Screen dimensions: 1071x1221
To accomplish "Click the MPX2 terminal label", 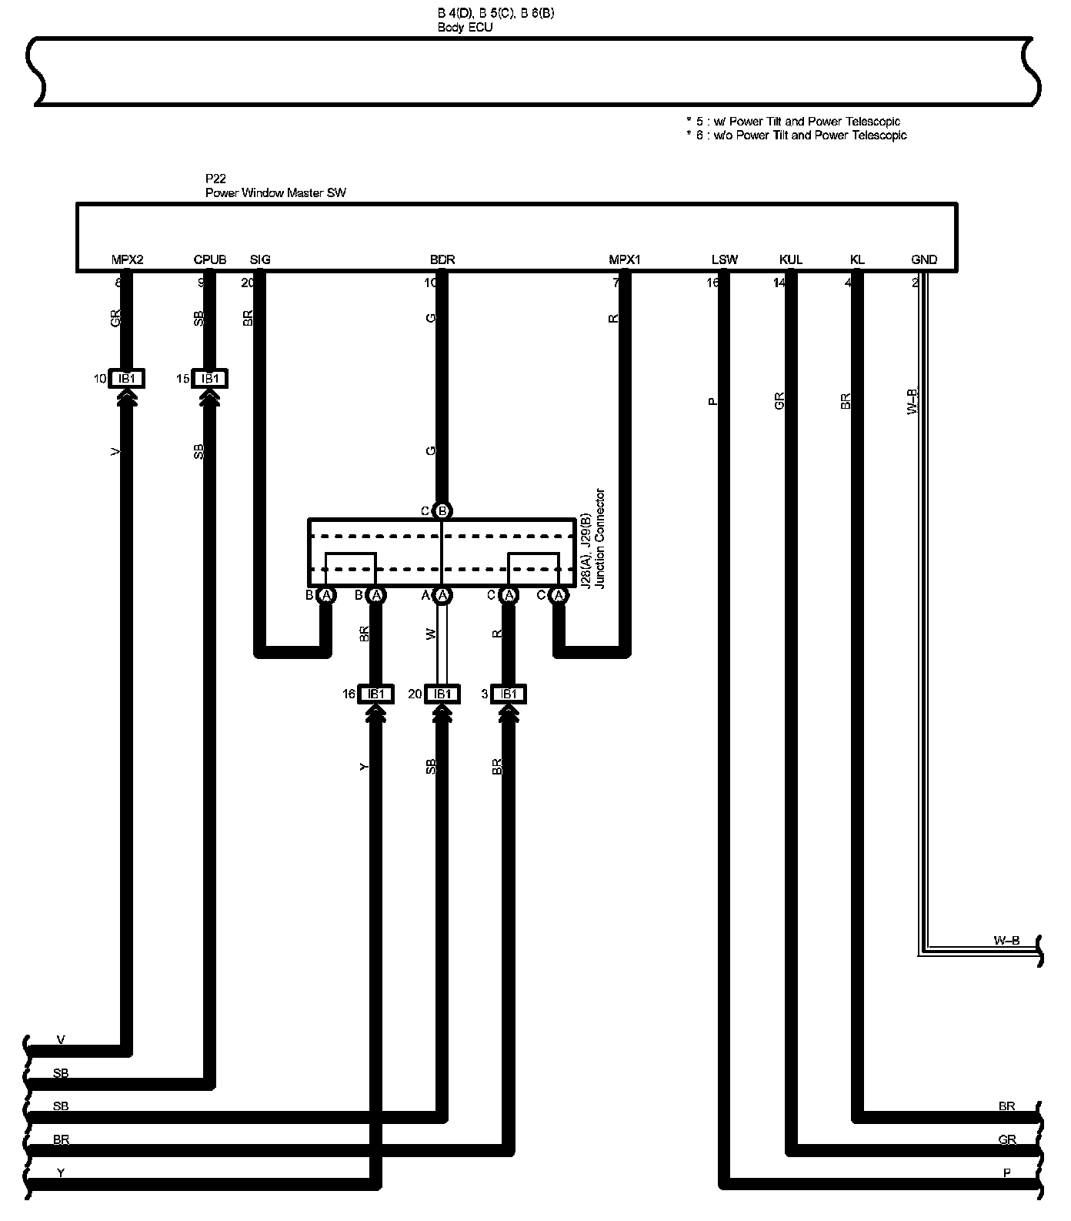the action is point(128,260).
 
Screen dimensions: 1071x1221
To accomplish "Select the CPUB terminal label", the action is point(209,260).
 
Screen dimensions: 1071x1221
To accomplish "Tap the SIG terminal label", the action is point(260,260).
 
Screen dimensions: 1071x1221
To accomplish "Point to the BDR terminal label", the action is point(442,260).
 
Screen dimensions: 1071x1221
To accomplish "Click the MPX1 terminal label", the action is point(624,260).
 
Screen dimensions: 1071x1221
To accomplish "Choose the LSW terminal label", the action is point(724,260).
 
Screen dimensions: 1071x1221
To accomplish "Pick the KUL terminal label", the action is point(790,260).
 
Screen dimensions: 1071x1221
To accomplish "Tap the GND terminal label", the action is point(923,260).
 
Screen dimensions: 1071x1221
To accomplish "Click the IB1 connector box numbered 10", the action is point(127,379).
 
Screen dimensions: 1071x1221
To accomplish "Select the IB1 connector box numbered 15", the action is point(209,379).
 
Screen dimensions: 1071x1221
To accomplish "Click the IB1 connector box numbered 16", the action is point(376,694).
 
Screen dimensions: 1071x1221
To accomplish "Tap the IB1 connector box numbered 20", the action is point(442,694).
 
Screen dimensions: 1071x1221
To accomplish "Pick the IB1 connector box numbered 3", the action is point(508,694).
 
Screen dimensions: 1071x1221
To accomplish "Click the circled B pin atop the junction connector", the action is point(442,510).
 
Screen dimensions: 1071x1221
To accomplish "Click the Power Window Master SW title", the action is point(275,192).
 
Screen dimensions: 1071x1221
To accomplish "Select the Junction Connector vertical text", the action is point(601,539).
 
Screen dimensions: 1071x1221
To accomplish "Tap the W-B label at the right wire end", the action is point(1006,940).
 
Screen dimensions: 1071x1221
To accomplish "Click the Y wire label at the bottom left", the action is point(61,1173).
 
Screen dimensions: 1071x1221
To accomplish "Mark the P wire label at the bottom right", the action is point(1006,1173).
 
